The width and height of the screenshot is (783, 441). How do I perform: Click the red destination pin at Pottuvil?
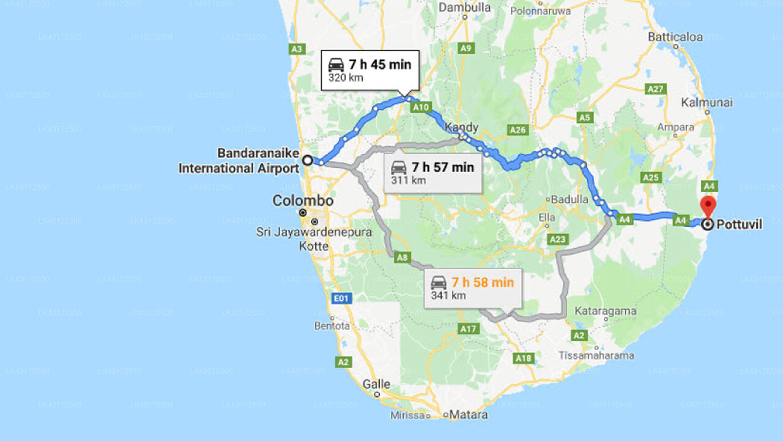[708, 206]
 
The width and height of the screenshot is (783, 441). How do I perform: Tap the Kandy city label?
[461, 127]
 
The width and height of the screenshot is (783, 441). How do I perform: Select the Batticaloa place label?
[675, 37]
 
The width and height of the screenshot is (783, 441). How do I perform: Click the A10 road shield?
[421, 107]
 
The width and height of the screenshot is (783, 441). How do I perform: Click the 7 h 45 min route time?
[380, 64]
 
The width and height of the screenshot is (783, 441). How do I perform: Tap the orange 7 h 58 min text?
[483, 282]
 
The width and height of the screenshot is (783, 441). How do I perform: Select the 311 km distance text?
[409, 180]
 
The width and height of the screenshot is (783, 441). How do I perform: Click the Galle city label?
[376, 384]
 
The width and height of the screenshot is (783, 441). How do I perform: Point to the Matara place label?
[469, 415]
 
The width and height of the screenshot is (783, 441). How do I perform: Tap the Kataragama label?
[606, 311]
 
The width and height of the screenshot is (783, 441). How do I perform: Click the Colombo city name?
[303, 201]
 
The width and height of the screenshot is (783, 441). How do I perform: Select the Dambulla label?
[465, 8]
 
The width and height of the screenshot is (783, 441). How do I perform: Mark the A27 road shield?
[656, 89]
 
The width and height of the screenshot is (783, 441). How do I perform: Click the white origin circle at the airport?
[308, 160]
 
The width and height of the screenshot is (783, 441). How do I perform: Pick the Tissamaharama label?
[596, 355]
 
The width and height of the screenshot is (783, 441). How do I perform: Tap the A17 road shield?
[469, 329]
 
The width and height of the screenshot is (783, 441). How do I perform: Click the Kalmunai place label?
[707, 102]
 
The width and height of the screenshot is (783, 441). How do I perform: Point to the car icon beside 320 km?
[336, 64]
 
